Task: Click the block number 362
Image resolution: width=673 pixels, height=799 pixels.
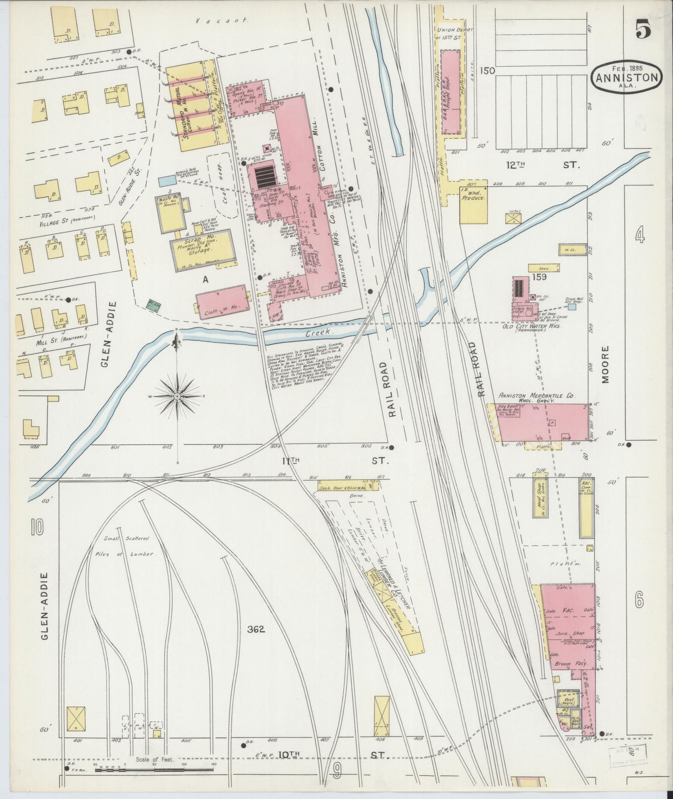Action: pyautogui.click(x=256, y=629)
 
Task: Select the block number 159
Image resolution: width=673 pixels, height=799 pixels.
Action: pyautogui.click(x=540, y=277)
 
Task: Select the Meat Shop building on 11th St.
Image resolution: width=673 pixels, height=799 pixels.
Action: pyautogui.click(x=540, y=497)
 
